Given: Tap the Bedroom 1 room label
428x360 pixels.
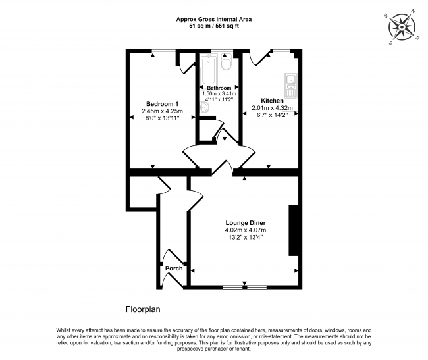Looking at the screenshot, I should pos(162,104).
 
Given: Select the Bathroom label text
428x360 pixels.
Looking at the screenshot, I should pos(219,88).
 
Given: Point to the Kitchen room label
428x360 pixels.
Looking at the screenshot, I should pos(272,101).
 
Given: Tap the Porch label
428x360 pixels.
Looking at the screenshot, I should pos(174,268).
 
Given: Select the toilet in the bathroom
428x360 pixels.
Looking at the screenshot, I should pos(226,64).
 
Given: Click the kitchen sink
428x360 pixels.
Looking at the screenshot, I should pos(289,84).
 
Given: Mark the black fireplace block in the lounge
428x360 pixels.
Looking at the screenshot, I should pos(294,230).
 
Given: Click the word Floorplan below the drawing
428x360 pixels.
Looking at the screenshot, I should pos(143,308).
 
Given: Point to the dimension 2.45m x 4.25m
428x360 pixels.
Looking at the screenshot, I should pos(162,111).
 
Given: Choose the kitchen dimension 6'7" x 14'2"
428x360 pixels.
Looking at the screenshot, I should pos(272,115).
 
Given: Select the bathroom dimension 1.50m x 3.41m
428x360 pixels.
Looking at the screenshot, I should pos(219,94).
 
